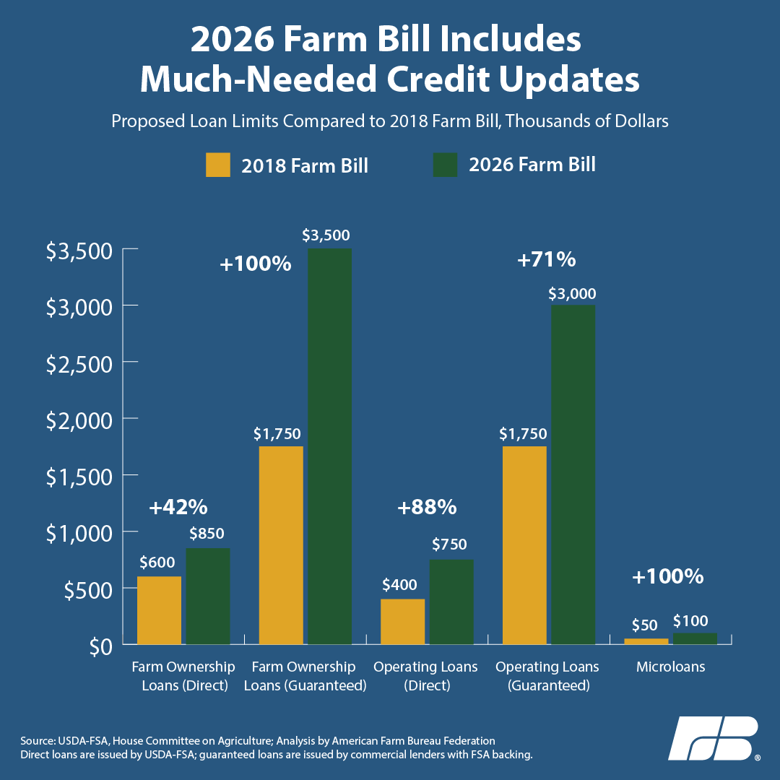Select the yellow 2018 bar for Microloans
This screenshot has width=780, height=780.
click(646, 641)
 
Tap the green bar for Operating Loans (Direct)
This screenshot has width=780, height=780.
click(451, 602)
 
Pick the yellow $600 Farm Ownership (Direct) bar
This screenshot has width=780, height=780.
click(159, 610)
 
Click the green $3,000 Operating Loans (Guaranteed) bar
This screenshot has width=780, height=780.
click(573, 474)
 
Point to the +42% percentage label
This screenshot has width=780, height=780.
click(178, 508)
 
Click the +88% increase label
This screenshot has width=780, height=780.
click(427, 508)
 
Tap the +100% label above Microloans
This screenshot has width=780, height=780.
click(667, 577)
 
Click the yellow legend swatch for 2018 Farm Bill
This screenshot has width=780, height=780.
click(218, 165)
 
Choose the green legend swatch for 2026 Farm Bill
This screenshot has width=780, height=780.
click(445, 165)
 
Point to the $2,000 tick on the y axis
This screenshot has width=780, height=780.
click(79, 419)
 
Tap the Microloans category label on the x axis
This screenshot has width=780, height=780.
click(670, 667)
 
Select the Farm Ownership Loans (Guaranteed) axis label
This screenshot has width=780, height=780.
click(305, 676)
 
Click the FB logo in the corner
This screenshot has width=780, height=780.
click(713, 738)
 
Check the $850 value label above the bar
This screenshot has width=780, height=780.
click(207, 534)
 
